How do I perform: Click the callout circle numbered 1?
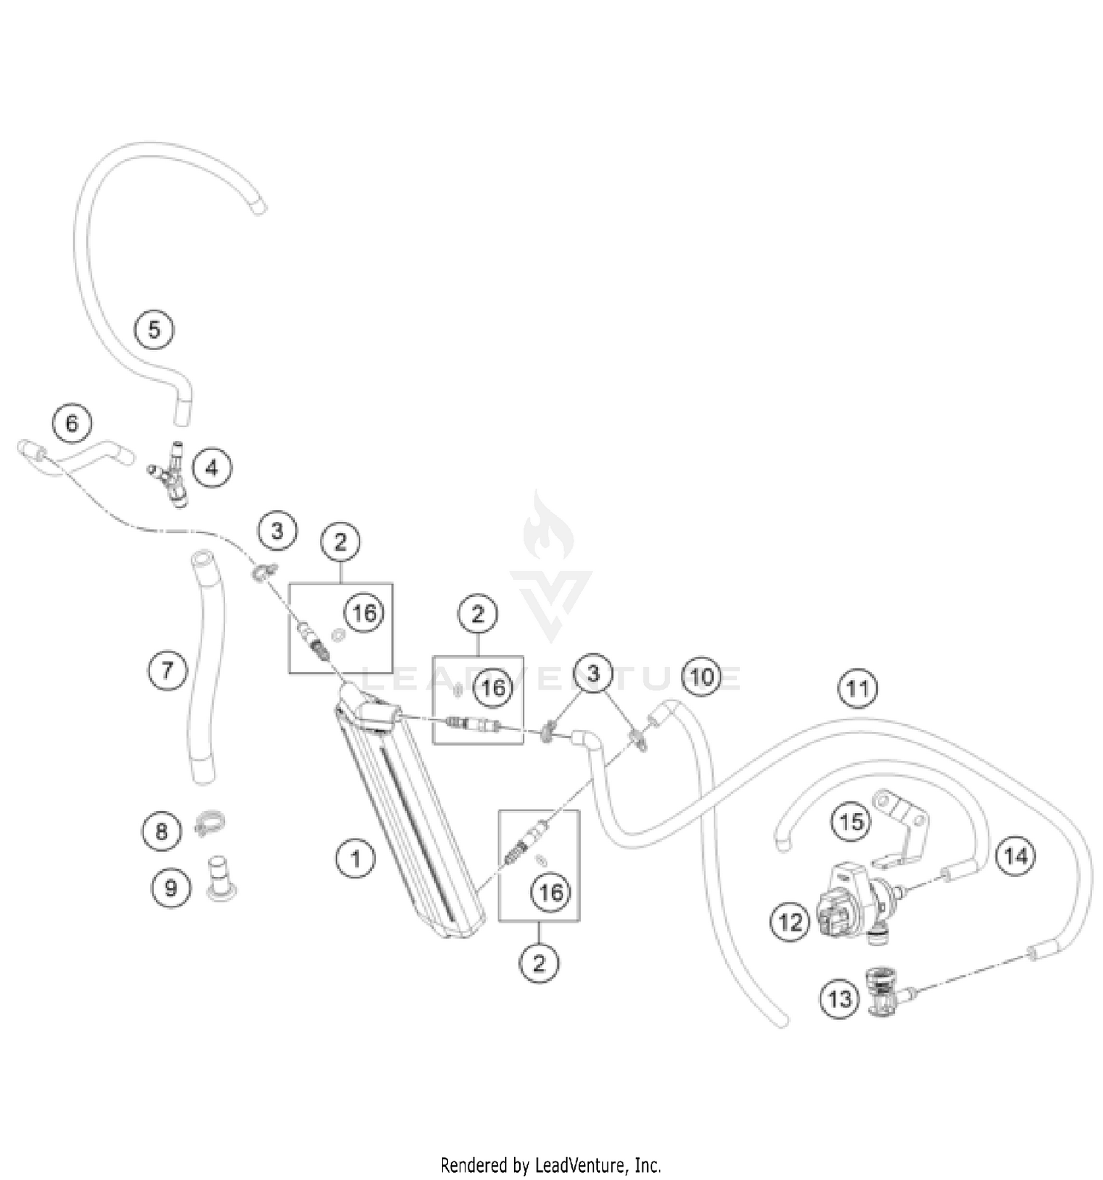tap(356, 858)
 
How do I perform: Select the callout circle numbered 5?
tap(154, 329)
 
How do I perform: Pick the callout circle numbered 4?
tap(212, 468)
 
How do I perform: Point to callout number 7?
tap(168, 670)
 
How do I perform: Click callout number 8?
tap(162, 832)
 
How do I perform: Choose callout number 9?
tap(171, 887)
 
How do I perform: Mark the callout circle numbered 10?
tap(702, 676)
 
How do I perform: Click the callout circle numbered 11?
tap(857, 689)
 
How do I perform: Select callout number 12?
tap(790, 921)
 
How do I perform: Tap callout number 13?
tap(840, 999)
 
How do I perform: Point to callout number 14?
tap(1015, 856)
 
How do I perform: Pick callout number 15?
tap(852, 821)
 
